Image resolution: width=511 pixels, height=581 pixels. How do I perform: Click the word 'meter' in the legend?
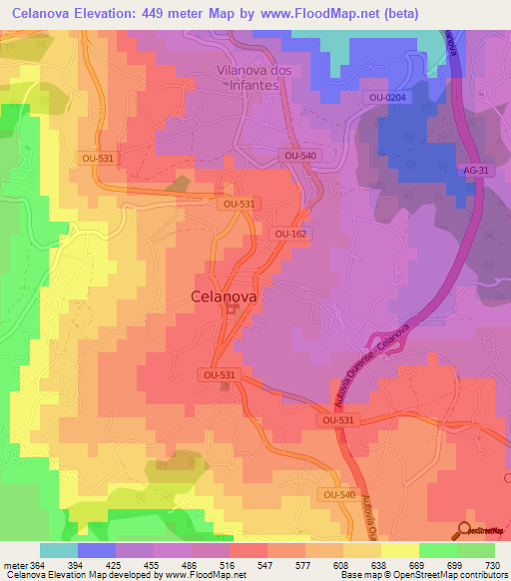point(14,564)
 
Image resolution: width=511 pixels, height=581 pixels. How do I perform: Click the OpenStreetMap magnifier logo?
point(464,529)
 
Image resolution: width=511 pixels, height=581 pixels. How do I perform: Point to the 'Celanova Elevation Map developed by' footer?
point(67,575)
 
